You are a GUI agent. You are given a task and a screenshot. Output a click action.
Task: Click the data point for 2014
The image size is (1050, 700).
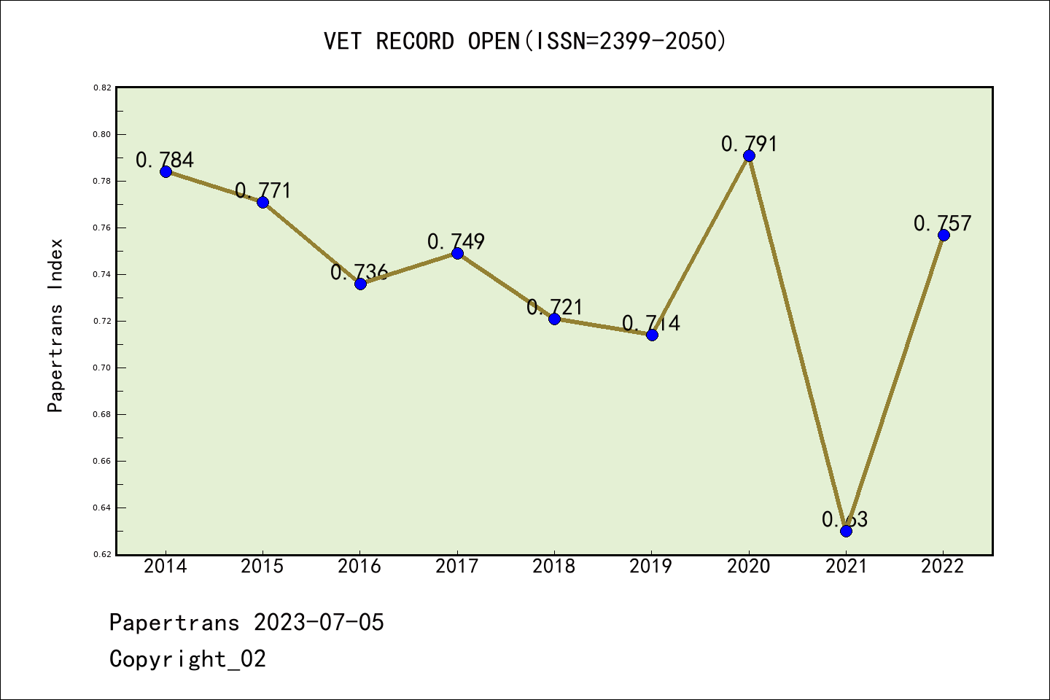tap(166, 171)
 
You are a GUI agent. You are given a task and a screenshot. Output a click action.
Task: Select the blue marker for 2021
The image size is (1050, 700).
tap(846, 531)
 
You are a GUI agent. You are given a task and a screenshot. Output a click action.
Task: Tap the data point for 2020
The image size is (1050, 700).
tap(749, 155)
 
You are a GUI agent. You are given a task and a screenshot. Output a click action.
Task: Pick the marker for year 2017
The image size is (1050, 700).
tap(457, 253)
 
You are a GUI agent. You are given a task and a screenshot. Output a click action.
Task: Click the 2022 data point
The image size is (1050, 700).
tap(944, 235)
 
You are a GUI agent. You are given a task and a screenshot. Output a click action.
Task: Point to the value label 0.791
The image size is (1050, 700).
tap(749, 144)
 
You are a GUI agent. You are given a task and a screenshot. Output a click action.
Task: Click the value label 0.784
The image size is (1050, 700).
tap(165, 160)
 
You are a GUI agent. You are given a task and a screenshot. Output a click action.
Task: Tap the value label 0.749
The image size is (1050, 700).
tap(456, 241)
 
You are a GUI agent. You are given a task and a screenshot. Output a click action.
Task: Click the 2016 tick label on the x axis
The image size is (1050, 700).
tap(359, 566)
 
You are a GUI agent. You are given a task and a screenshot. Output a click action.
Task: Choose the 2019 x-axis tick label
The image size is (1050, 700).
tap(651, 566)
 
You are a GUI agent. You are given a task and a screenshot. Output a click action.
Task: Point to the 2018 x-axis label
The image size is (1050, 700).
tap(554, 566)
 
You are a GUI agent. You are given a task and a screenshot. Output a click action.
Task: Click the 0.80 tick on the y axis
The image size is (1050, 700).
tap(102, 134)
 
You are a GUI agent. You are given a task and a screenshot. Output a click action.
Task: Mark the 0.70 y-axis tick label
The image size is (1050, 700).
tap(102, 367)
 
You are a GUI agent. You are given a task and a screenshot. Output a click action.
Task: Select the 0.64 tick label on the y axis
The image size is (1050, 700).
tap(102, 507)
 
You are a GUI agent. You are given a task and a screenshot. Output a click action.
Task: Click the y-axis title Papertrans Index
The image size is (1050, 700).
tap(55, 325)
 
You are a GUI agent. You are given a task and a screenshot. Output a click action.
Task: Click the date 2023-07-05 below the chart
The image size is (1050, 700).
tap(319, 622)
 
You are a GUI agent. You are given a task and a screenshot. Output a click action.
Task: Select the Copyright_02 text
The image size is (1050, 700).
tap(187, 658)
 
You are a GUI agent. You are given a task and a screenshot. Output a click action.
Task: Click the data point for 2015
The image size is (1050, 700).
tap(262, 202)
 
